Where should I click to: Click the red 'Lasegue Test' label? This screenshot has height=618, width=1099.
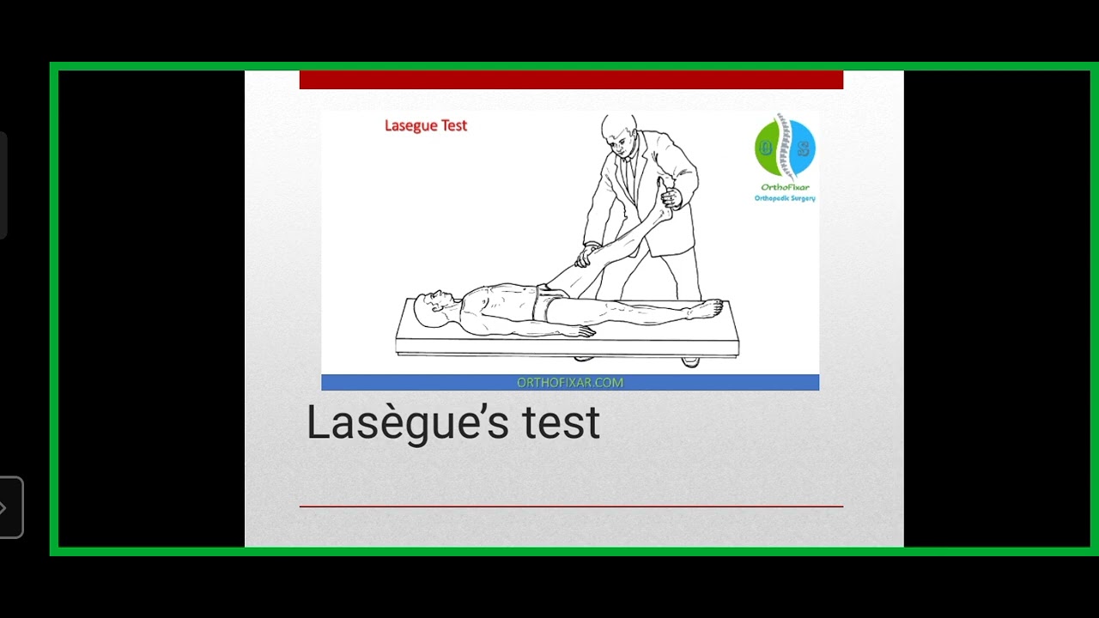(x=426, y=125)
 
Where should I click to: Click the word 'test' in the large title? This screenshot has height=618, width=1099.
(x=561, y=422)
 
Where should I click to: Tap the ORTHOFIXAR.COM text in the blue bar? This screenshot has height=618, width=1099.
(x=570, y=383)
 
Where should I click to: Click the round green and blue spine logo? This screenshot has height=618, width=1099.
(x=785, y=147)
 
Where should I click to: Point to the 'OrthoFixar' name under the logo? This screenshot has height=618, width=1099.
(x=785, y=187)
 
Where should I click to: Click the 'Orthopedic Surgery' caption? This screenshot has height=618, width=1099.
(x=785, y=198)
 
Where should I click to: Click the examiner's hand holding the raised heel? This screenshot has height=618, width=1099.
(x=671, y=197)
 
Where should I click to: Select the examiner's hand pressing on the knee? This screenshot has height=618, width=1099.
(x=586, y=255)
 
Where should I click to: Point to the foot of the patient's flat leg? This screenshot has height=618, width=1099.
(x=708, y=307)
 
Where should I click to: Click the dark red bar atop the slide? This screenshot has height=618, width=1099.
(x=571, y=80)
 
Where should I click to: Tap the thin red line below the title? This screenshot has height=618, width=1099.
(x=571, y=506)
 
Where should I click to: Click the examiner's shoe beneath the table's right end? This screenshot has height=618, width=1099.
(x=690, y=361)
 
